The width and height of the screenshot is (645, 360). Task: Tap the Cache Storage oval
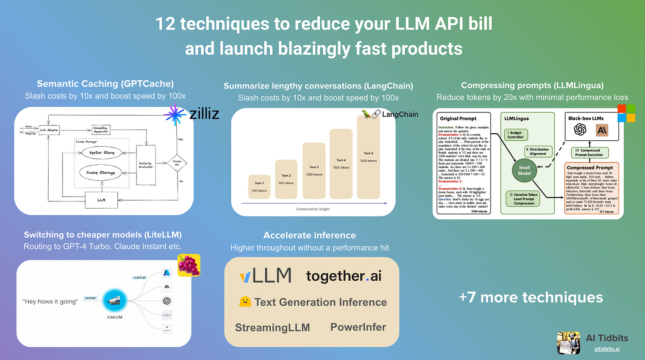pyautogui.click(x=101, y=173)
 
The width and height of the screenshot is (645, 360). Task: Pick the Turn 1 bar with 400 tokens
pyautogui.click(x=260, y=186)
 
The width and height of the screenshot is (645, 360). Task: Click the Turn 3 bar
pyautogui.click(x=314, y=171)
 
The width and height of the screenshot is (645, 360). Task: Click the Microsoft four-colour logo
pyautogui.click(x=626, y=113)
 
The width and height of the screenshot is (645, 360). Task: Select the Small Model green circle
pyautogui.click(x=524, y=170)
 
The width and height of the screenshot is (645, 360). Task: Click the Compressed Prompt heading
pyautogui.click(x=589, y=168)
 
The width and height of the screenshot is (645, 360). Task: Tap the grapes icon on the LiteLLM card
pyautogui.click(x=189, y=265)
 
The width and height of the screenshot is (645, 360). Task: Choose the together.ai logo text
pyautogui.click(x=343, y=276)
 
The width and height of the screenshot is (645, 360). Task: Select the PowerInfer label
pyautogui.click(x=358, y=327)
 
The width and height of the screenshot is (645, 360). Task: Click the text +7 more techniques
pyautogui.click(x=531, y=297)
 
